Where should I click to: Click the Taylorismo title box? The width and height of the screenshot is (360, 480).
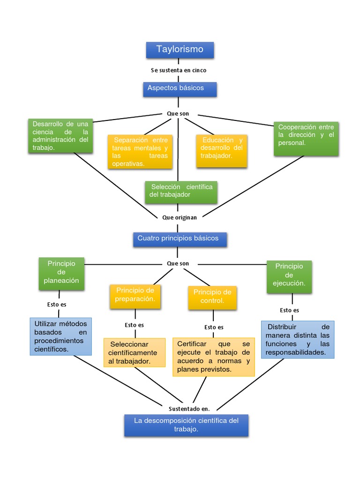tap(180, 50)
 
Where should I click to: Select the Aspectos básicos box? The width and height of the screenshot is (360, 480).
tap(180, 89)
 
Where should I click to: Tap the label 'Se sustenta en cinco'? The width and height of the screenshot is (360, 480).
tap(179, 70)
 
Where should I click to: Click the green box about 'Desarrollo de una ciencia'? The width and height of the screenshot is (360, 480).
tap(60, 136)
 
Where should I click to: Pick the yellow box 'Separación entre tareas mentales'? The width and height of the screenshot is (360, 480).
tap(140, 151)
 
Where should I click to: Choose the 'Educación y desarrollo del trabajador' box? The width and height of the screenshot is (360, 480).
tap(221, 151)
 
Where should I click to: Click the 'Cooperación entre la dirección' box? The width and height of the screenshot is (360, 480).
tap(306, 138)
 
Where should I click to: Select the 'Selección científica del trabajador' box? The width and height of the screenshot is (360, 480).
tap(181, 192)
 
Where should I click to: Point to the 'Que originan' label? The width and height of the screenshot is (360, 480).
tap(179, 217)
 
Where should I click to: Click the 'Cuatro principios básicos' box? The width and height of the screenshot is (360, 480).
tap(180, 239)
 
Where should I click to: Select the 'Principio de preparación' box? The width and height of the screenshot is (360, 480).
tap(135, 296)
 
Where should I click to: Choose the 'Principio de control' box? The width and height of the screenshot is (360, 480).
tap(212, 297)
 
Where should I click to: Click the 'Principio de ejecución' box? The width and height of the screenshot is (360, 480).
tap(289, 277)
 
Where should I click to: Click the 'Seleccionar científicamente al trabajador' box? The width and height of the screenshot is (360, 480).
tap(135, 352)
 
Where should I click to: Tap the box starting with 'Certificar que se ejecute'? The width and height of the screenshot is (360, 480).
tap(213, 357)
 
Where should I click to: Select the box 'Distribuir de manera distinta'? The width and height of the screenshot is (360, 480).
tap(298, 340)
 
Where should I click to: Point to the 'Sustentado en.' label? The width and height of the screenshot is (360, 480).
tap(189, 408)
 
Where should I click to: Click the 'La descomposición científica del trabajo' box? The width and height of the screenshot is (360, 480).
tap(186, 425)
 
